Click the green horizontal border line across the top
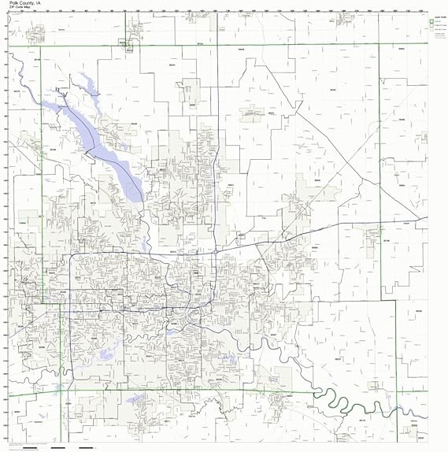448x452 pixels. (236, 45)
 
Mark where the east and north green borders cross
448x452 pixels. (380, 45)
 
